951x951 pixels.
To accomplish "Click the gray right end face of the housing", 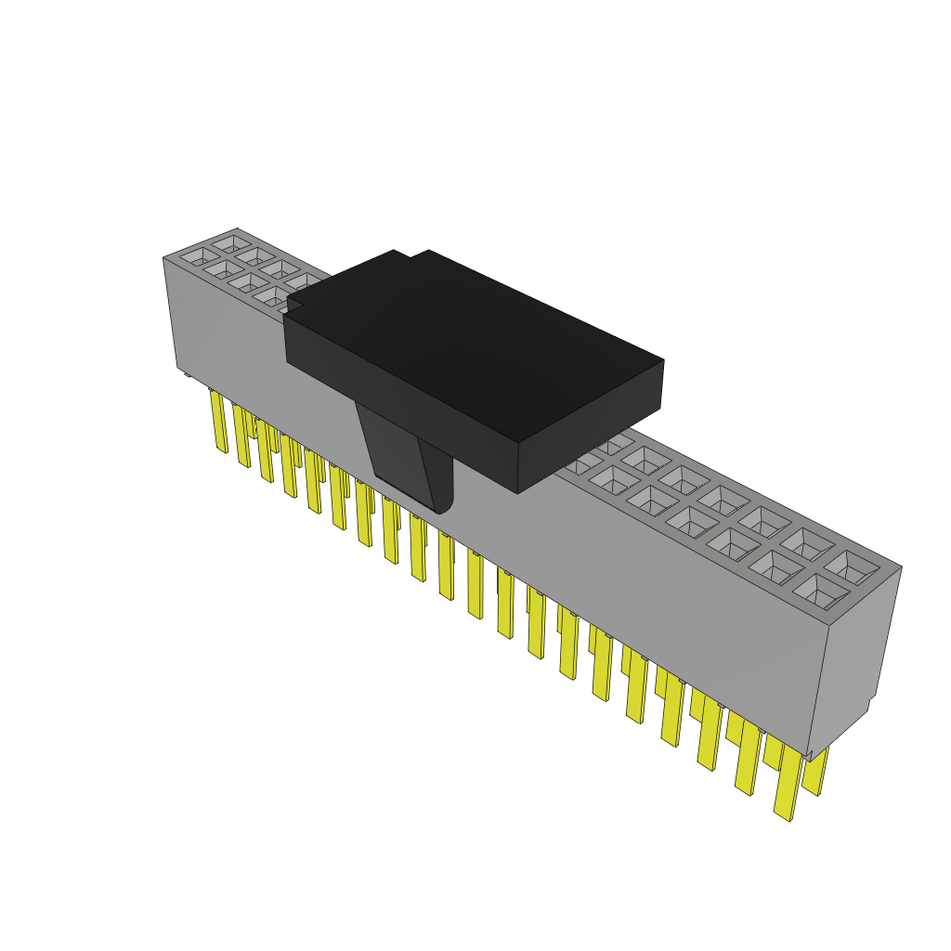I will click(x=859, y=650).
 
